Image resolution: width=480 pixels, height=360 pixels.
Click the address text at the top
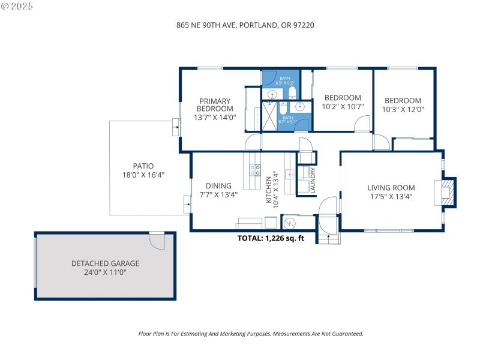(x=245, y=25)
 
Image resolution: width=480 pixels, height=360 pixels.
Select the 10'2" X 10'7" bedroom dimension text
(x=343, y=107)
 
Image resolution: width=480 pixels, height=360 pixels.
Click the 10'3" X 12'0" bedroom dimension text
(x=403, y=110)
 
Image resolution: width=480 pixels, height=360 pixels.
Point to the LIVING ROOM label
(x=391, y=188)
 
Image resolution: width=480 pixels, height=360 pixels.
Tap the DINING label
(x=218, y=186)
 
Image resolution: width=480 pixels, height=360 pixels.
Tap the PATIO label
(x=143, y=166)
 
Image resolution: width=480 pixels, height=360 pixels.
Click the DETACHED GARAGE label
(x=105, y=263)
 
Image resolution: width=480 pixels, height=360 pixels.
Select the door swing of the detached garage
(x=157, y=242)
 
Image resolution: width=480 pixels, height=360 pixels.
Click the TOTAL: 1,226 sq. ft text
(x=271, y=238)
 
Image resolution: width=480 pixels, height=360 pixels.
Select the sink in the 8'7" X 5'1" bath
(x=301, y=107)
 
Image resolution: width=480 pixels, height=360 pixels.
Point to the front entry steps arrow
(x=329, y=238)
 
